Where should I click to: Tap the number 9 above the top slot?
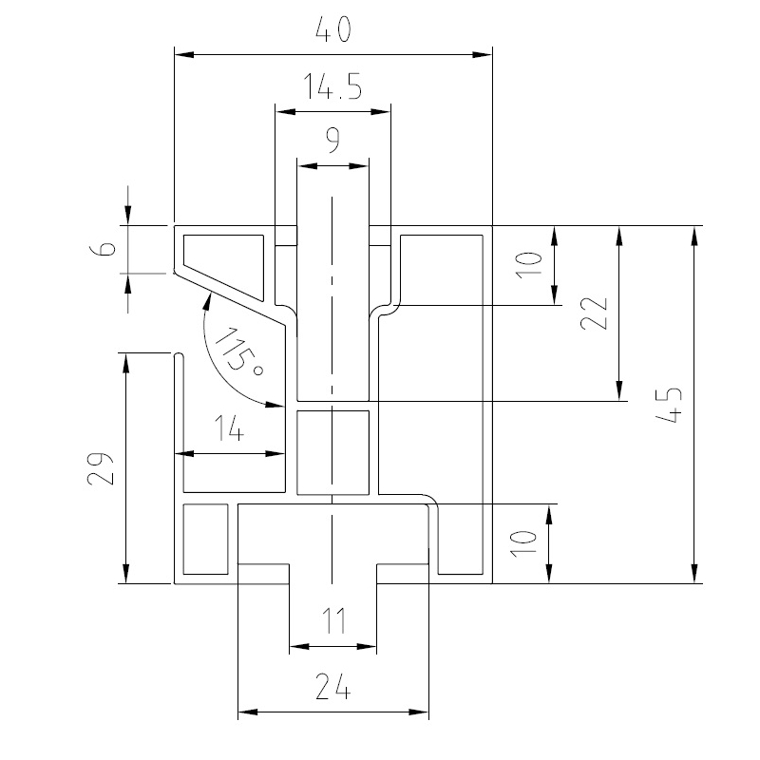coord(332,142)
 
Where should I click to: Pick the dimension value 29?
coord(104,467)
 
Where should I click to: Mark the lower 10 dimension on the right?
coord(529,543)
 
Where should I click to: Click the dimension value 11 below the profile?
coord(332,623)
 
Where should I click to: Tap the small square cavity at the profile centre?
coord(332,452)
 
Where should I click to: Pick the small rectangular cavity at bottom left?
coord(205,540)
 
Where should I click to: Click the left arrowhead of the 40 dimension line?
coord(180,54)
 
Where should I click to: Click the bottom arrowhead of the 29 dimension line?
coord(125,576)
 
